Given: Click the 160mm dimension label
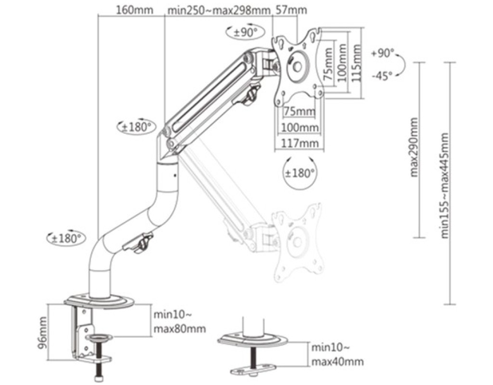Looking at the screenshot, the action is click(x=135, y=10).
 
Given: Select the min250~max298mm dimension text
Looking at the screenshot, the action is click(x=219, y=11).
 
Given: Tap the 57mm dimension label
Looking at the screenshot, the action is click(x=291, y=10).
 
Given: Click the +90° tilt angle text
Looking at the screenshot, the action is click(x=382, y=53).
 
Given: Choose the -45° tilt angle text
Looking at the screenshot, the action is click(x=382, y=76).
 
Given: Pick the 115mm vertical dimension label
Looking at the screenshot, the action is click(x=356, y=63).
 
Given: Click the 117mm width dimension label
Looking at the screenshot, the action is click(x=299, y=143).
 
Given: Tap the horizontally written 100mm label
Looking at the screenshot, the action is click(x=299, y=128).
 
